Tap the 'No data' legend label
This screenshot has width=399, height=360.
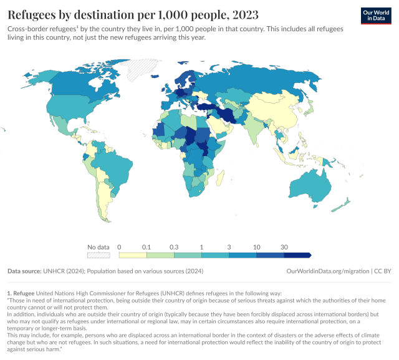(99, 247)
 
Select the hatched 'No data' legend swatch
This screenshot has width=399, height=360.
(99, 255)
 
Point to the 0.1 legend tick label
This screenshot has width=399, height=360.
(147, 247)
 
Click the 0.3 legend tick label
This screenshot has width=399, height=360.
(174, 247)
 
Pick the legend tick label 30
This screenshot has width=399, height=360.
(284, 247)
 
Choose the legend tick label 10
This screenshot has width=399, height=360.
(257, 247)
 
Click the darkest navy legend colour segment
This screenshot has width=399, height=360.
(297, 255)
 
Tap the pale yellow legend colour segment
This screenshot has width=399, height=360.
(132, 255)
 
